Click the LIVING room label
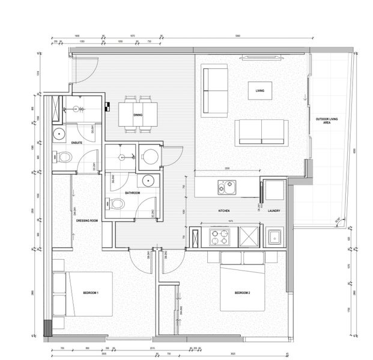coord(260,91)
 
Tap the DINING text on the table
coord(138,114)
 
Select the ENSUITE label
coord(76,143)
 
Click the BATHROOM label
coord(132,193)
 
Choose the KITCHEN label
coord(224,211)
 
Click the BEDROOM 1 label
coord(91,292)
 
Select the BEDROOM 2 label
coord(242,292)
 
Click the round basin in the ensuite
coord(59,134)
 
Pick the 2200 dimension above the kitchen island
coord(226,169)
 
